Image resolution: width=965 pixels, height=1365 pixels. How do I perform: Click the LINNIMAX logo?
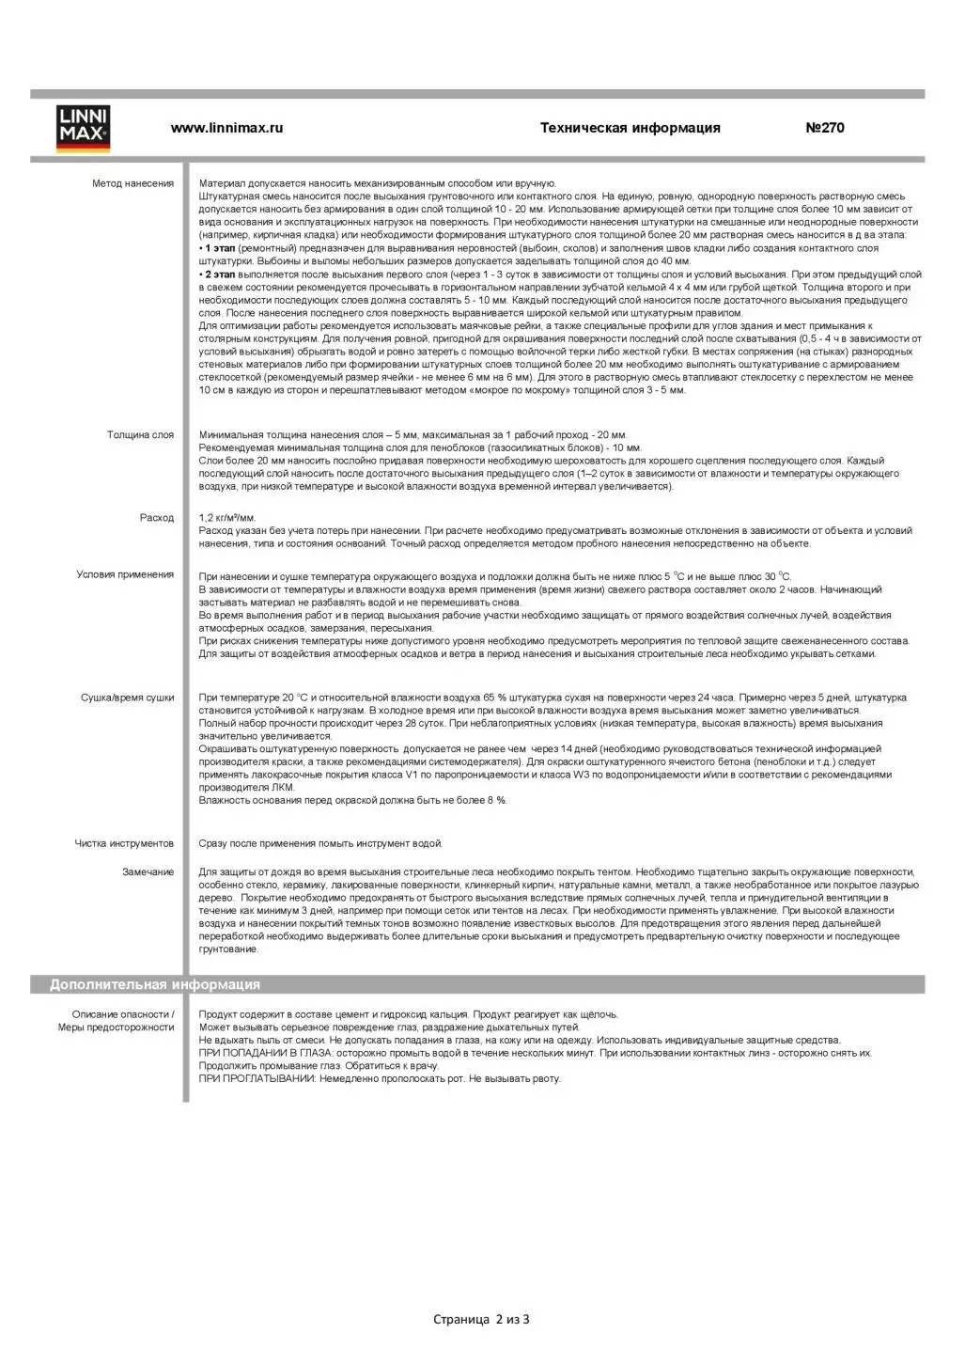[x=83, y=128]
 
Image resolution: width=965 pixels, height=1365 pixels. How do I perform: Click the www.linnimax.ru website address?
[x=226, y=128]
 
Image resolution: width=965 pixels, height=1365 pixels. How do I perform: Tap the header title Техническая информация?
[x=630, y=128]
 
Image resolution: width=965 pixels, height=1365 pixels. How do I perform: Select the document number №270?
[x=824, y=128]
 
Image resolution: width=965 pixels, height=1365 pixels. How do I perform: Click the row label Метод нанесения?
[x=132, y=183]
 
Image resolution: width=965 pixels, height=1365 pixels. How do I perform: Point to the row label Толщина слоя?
[x=140, y=435]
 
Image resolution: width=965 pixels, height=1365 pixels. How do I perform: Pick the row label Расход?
[x=157, y=518]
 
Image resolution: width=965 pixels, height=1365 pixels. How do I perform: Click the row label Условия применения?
[x=125, y=574]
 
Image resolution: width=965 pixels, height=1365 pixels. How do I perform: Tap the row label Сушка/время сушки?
[x=127, y=698]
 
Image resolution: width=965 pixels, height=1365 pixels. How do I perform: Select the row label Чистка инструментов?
[x=124, y=843]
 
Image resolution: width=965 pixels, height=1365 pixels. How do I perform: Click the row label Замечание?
[x=148, y=872]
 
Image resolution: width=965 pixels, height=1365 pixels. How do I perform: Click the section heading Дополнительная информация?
[x=155, y=984]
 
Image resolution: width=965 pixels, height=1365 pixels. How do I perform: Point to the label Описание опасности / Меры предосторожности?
[x=117, y=1021]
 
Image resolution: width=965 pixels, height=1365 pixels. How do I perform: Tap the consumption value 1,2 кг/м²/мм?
[x=226, y=518]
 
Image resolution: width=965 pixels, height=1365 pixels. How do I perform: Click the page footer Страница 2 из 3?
[x=481, y=1319]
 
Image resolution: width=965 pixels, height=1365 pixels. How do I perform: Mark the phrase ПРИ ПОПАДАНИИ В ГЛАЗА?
[x=253, y=1053]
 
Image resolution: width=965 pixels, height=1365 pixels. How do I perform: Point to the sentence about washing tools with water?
[x=319, y=843]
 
